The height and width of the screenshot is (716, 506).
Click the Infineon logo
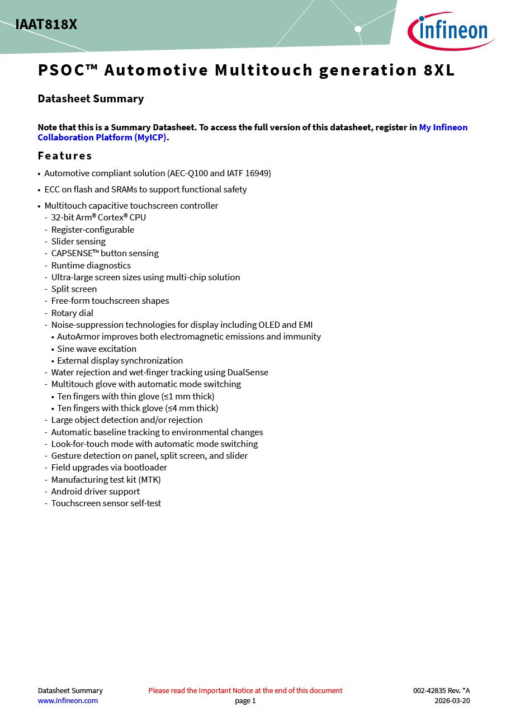point(451,31)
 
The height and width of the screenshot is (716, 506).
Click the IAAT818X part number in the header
point(46,25)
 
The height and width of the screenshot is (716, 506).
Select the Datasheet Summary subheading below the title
point(91,99)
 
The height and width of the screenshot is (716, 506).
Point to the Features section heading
point(65,156)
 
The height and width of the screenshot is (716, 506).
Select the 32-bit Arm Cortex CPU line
point(98,218)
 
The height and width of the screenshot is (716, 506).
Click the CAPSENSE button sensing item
point(105,253)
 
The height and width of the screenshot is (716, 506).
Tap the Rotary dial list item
point(72,313)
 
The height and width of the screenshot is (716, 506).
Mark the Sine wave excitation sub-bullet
point(97,349)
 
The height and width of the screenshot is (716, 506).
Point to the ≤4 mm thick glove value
point(192,408)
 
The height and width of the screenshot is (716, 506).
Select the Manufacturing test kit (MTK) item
point(106,480)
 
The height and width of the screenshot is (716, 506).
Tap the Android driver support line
point(96,492)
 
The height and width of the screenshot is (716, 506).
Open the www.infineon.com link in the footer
point(68,701)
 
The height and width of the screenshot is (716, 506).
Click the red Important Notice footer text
point(245,691)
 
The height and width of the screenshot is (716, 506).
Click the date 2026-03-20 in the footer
point(452,701)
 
